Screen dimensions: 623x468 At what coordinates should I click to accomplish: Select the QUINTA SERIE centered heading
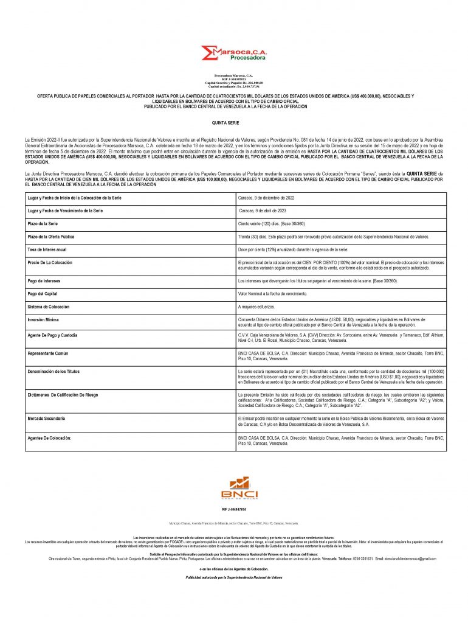pyautogui.click(x=234, y=123)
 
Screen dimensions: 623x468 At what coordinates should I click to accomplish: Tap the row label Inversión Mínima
pyautogui.click(x=44, y=319)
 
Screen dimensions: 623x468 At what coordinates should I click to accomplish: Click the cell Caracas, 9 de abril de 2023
pyautogui.click(x=263, y=211)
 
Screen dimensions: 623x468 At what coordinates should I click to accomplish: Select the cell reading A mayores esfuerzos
pyautogui.click(x=256, y=307)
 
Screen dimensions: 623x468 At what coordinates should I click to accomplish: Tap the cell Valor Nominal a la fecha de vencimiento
pyautogui.click(x=273, y=294)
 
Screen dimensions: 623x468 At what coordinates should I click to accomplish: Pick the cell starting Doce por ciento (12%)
pyautogui.click(x=293, y=249)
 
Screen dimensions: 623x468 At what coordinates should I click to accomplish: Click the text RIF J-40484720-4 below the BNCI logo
pyautogui.click(x=234, y=509)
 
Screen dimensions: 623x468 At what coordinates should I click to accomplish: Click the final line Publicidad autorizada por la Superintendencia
pyautogui.click(x=234, y=577)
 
